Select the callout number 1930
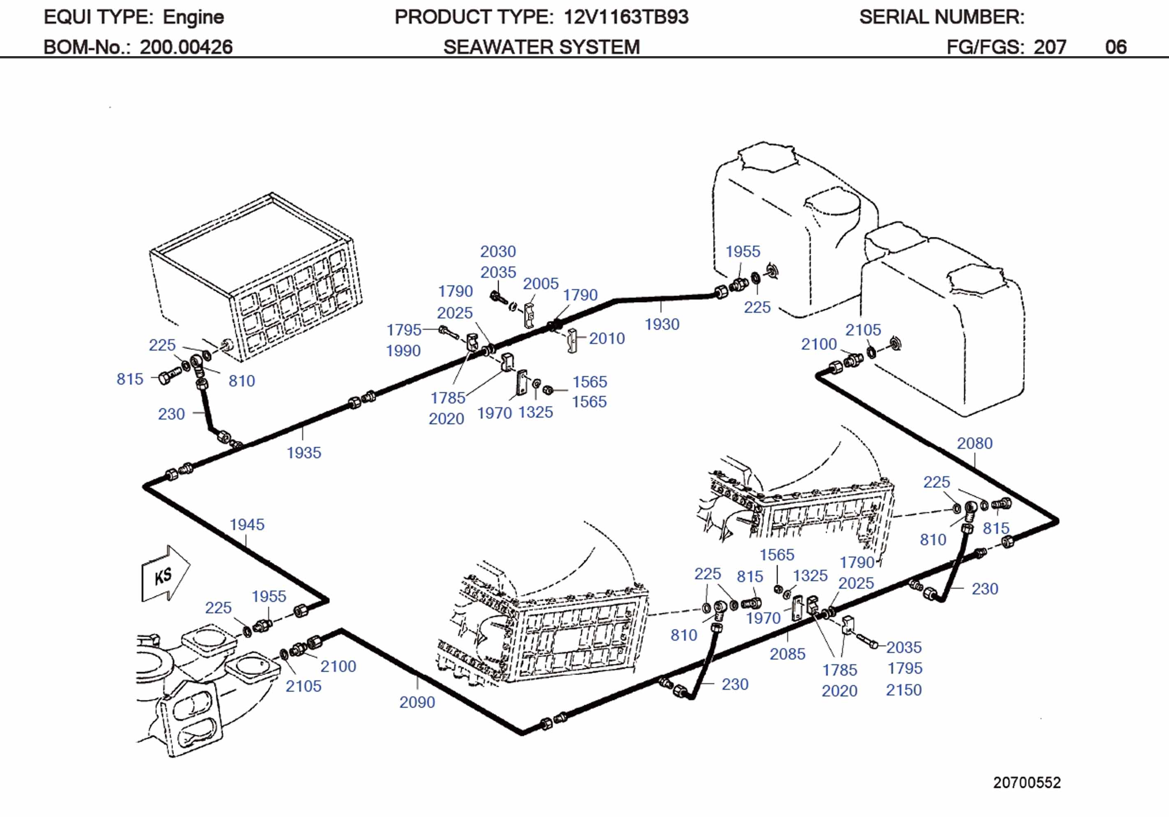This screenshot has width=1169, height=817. pos(661,324)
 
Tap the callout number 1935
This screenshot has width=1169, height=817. pos(304,452)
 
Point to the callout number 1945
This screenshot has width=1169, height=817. pos(247,524)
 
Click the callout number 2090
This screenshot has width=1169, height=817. pos(417,702)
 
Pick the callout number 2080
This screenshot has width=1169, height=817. pos(974,443)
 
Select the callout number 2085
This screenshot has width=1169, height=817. pos(787,654)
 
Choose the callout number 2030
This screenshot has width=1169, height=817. pos(498,251)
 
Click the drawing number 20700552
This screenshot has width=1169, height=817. pos(1026,783)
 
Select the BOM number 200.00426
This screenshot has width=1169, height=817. pos(186,47)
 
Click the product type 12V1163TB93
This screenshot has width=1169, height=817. pos(626,17)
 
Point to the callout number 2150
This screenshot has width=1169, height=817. pos(903,690)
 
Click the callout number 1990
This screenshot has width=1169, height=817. pos(403,351)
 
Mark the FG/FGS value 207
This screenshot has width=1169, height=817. pos(1049,47)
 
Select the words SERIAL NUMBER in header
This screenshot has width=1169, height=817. pos(941,17)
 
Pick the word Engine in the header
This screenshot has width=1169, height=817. pos(193,17)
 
